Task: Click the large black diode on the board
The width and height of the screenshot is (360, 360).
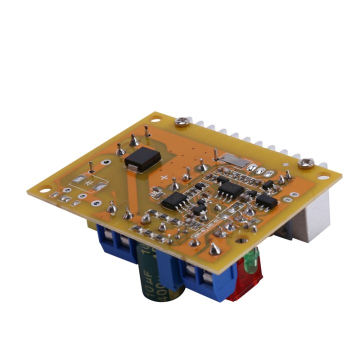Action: pyautogui.click(x=143, y=158)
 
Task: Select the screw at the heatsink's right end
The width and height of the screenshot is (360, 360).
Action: pyautogui.click(x=306, y=161)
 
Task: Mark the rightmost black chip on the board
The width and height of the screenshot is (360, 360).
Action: pyautogui.click(x=266, y=201)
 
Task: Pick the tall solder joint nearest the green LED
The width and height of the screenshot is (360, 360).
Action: pyautogui.click(x=215, y=248)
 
